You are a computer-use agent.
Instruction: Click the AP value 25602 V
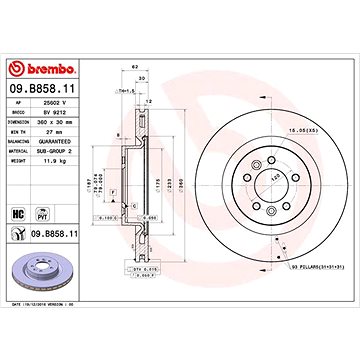tap(68, 103)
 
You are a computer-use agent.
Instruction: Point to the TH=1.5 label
tap(127, 89)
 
